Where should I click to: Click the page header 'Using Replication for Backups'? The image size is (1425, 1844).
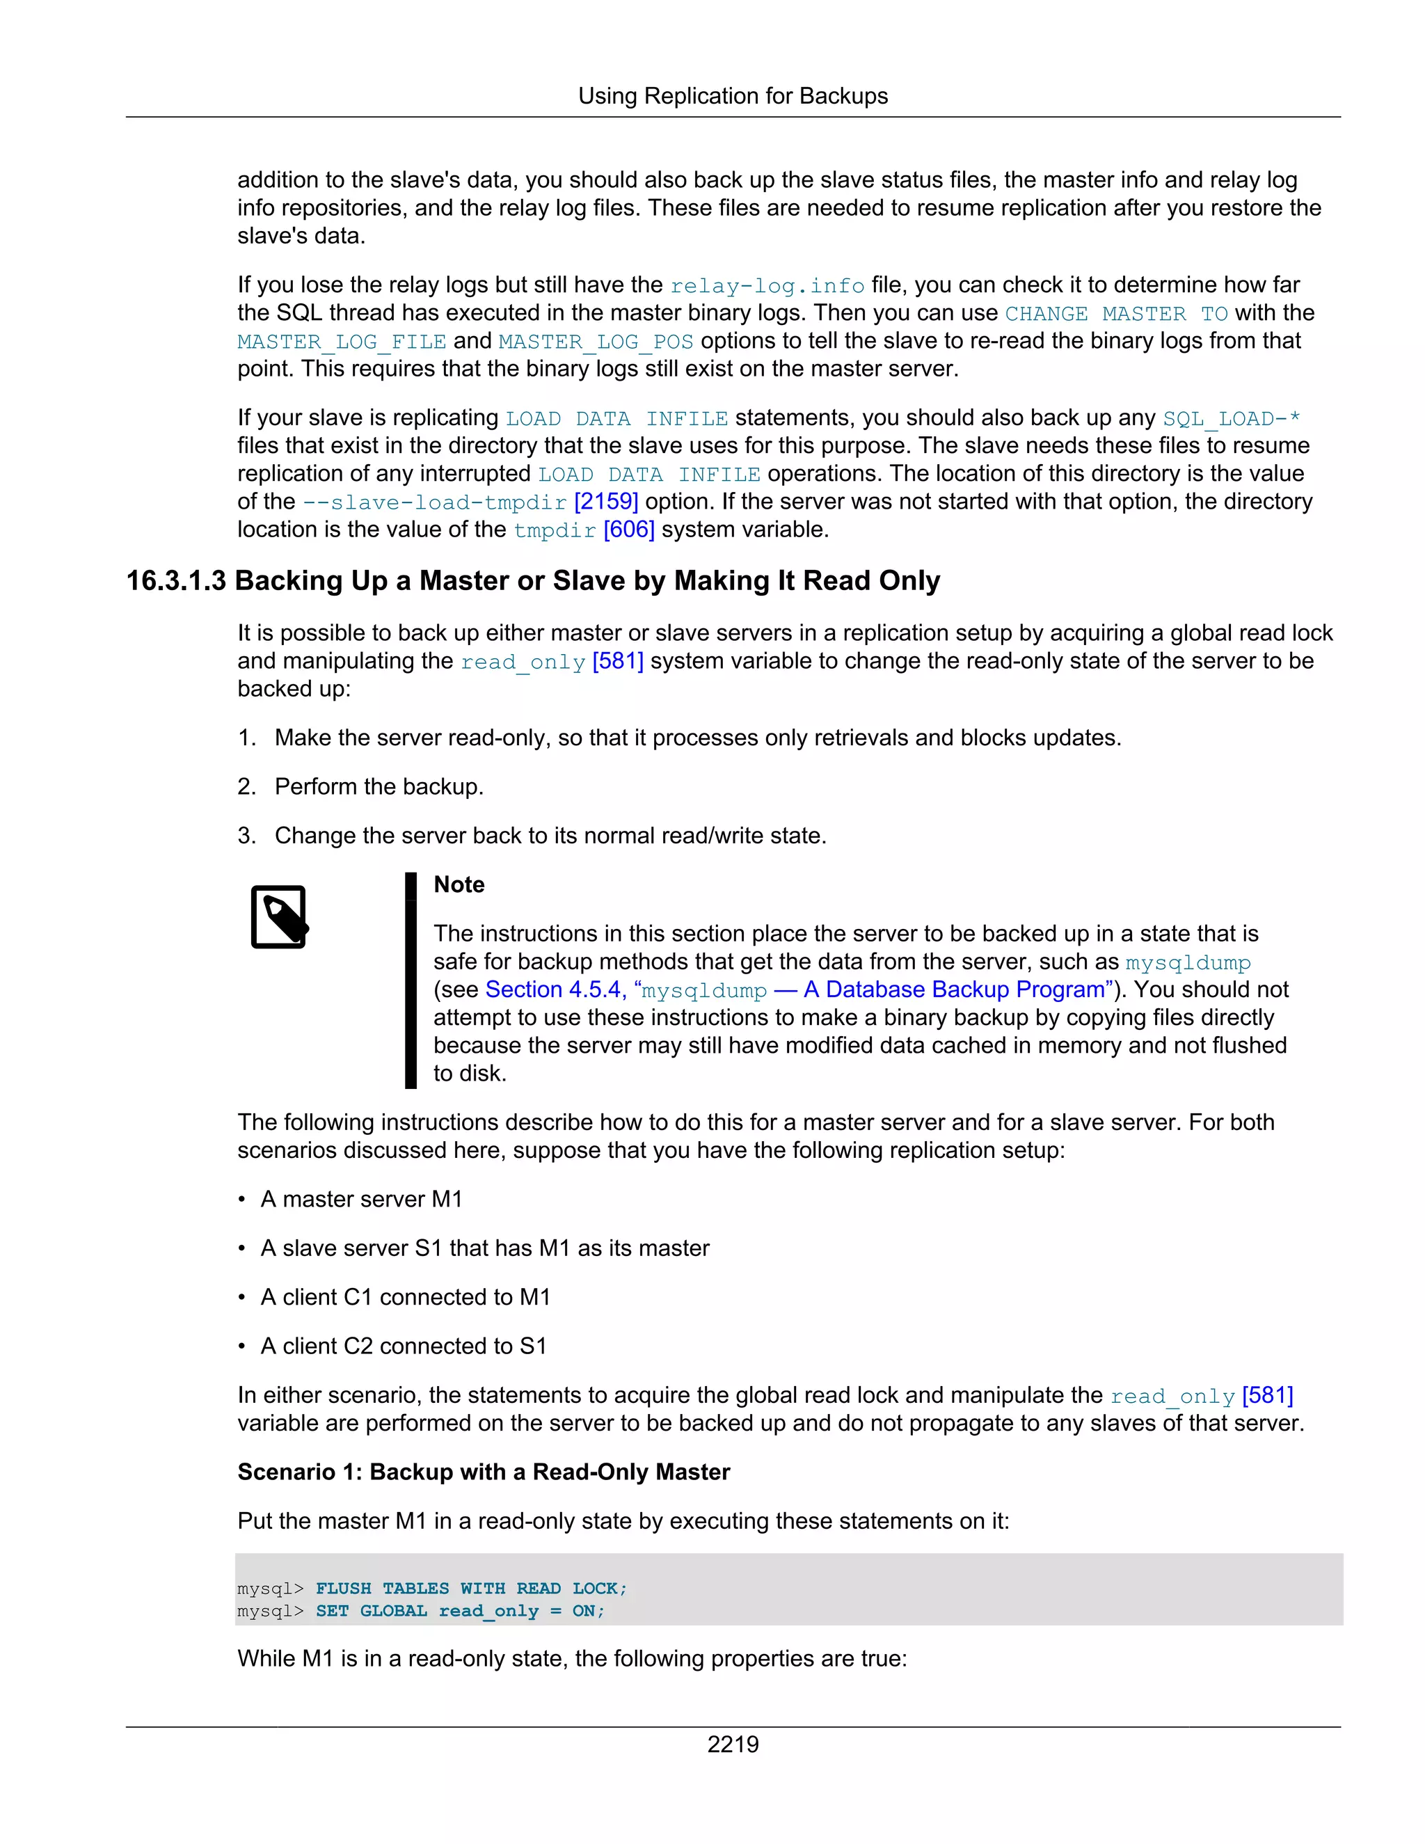(x=732, y=96)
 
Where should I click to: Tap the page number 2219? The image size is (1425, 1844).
(x=732, y=1744)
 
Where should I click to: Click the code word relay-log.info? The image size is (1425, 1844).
(x=767, y=286)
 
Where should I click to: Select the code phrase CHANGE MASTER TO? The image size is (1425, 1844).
(x=1116, y=314)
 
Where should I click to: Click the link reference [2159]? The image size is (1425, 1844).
(x=605, y=502)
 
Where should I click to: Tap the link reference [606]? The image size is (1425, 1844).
(x=628, y=530)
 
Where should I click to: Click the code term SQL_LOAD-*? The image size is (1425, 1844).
(x=1231, y=419)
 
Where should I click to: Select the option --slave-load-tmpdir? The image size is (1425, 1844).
(x=434, y=502)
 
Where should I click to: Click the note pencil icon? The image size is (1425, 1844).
(x=280, y=917)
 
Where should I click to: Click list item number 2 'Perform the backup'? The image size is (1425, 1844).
(x=379, y=787)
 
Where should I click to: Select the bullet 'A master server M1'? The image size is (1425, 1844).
(x=360, y=1199)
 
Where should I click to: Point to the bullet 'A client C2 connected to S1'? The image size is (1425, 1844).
(x=403, y=1346)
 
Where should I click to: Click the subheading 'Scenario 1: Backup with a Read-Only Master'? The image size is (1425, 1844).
(x=483, y=1472)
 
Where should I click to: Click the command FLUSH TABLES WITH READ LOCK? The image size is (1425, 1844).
(x=470, y=1588)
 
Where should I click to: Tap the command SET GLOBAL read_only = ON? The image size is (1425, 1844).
(x=459, y=1611)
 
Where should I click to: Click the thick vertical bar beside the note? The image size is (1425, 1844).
(x=411, y=980)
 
